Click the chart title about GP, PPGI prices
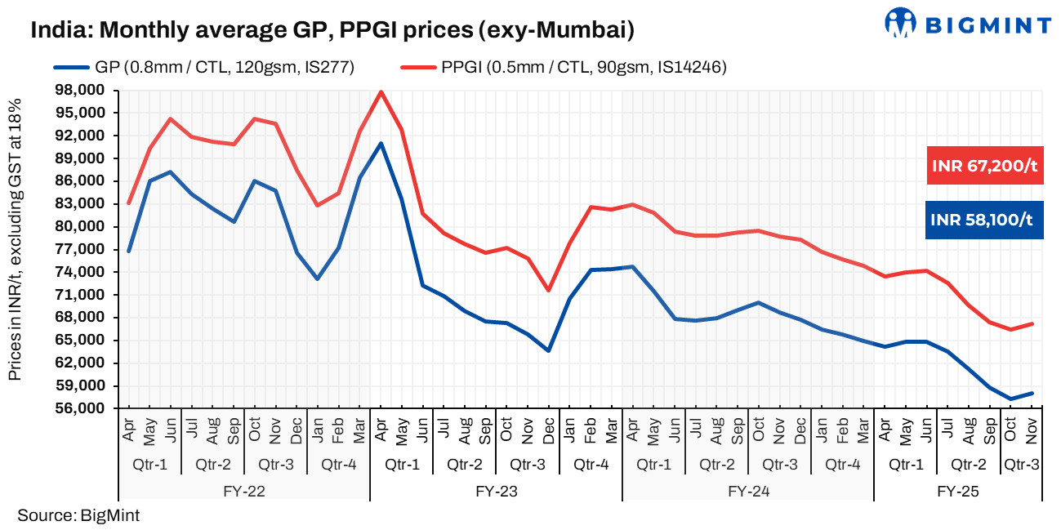click(332, 31)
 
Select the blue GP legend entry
click(203, 67)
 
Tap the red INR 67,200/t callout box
click(984, 167)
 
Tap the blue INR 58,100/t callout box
click(984, 219)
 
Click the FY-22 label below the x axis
click(243, 492)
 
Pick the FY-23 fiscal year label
click(496, 492)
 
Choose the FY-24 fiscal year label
click(748, 492)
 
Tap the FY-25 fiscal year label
click(958, 492)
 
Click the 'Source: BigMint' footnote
click(78, 515)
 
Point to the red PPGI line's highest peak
click(381, 91)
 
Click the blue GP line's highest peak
click(381, 144)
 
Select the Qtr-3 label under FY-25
click(1021, 465)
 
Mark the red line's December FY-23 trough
click(549, 291)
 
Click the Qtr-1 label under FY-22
click(149, 465)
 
